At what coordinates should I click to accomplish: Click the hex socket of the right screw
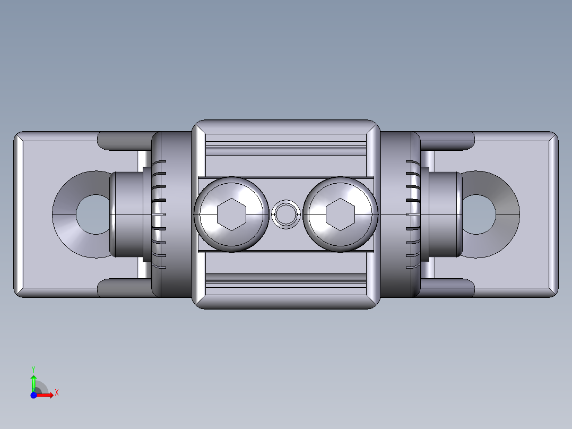[x=340, y=214]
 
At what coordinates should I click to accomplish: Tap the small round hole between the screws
[x=286, y=214]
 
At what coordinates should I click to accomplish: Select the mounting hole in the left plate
[x=94, y=214]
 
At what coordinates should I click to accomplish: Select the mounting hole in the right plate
[x=478, y=214]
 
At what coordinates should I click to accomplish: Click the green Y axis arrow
[x=33, y=382]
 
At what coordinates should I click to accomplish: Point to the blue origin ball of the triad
[x=33, y=395]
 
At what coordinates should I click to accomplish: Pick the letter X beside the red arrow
[x=56, y=393]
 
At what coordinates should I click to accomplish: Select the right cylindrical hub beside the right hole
[x=445, y=214]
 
